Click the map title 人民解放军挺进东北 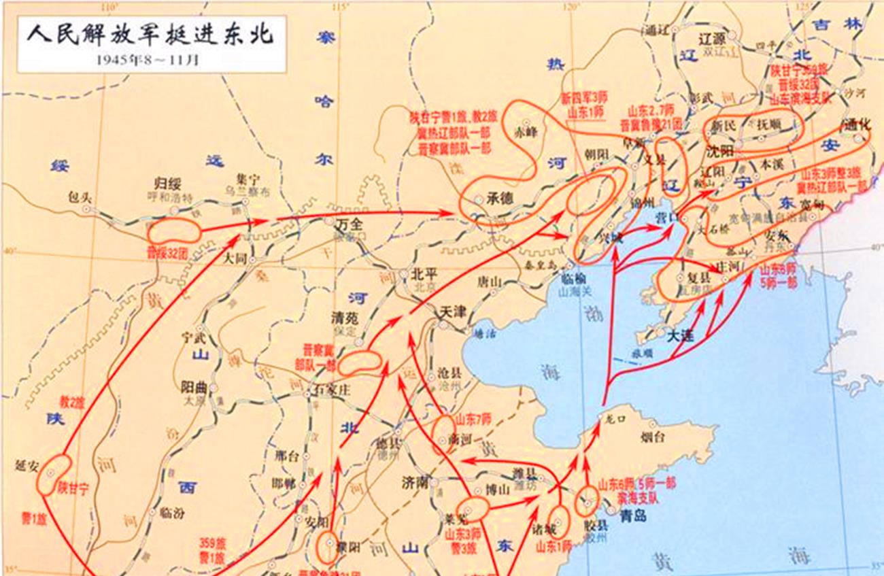pos(150,34)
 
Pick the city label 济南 pos(415,483)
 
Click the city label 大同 pos(234,258)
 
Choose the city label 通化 pos(856,125)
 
